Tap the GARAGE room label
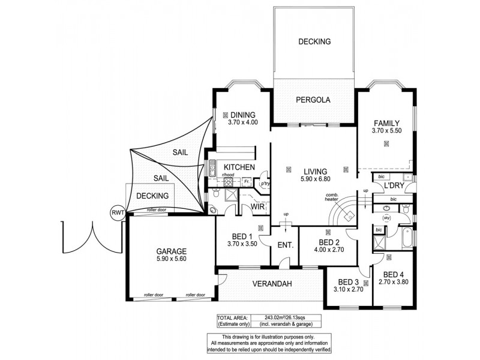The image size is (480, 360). tap(172, 251)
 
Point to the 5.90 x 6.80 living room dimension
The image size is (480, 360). tap(316, 179)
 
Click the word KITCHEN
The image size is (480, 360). tap(239, 167)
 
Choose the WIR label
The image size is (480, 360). tap(258, 207)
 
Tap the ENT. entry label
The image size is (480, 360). tap(285, 245)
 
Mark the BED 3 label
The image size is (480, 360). tap(348, 282)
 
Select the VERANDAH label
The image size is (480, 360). tap(271, 283)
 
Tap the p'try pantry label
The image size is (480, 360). tap(263, 183)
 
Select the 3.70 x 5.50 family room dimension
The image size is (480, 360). tap(386, 130)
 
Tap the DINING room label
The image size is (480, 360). tap(242, 115)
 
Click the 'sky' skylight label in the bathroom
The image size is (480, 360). tap(387, 218)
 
